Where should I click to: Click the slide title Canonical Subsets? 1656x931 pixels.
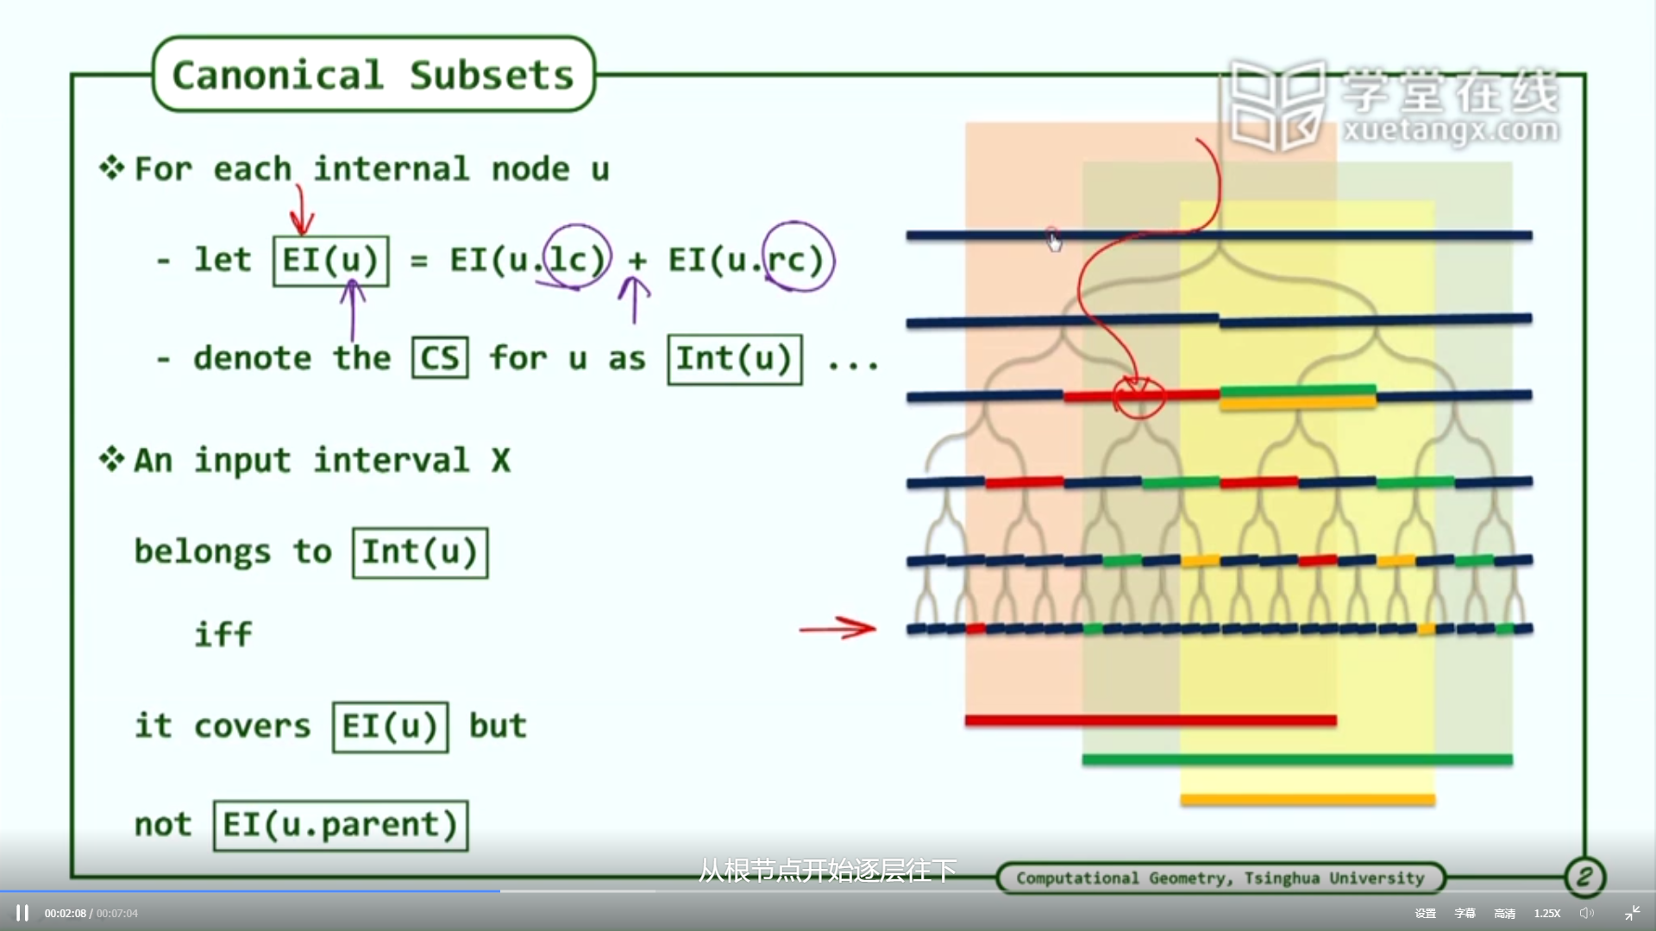pos(373,75)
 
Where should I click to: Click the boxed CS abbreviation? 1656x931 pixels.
pos(440,357)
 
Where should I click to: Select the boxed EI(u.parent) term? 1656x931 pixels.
pos(341,826)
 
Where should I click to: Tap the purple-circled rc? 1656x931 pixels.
pos(798,257)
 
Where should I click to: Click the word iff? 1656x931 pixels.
pos(223,635)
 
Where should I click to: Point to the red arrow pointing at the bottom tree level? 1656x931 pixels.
pos(837,628)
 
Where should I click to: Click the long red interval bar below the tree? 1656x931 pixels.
pos(1151,720)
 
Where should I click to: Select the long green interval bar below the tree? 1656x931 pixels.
pos(1297,759)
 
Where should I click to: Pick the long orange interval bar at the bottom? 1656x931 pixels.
pos(1308,800)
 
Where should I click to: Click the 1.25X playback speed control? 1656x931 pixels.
pos(1547,913)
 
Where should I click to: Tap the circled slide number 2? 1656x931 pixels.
pos(1584,878)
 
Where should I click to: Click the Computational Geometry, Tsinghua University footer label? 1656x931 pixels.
pos(1220,878)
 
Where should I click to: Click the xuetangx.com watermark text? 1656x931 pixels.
pos(1451,130)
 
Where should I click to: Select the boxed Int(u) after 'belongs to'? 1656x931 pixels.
pos(420,553)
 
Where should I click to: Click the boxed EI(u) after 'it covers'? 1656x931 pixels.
pos(391,727)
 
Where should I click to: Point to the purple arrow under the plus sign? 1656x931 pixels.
pos(634,299)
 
